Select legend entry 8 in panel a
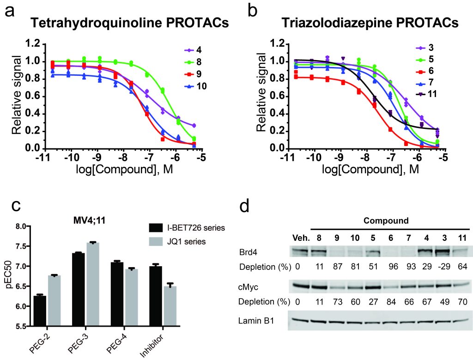point(192,62)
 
